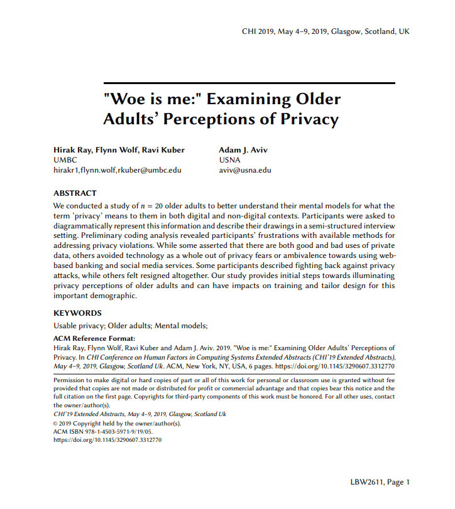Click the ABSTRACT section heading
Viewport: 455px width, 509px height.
point(75,193)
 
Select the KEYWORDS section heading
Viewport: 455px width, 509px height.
point(77,313)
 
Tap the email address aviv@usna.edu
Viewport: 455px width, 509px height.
point(245,170)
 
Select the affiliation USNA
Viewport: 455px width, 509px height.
point(229,160)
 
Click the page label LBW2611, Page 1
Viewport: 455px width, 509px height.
point(380,482)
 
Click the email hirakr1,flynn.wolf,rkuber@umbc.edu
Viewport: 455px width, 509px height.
point(118,170)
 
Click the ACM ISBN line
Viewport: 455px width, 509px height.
point(99,432)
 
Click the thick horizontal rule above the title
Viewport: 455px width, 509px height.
point(249,83)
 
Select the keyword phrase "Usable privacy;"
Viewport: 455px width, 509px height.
point(79,325)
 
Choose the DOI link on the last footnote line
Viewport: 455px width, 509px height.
point(107,441)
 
